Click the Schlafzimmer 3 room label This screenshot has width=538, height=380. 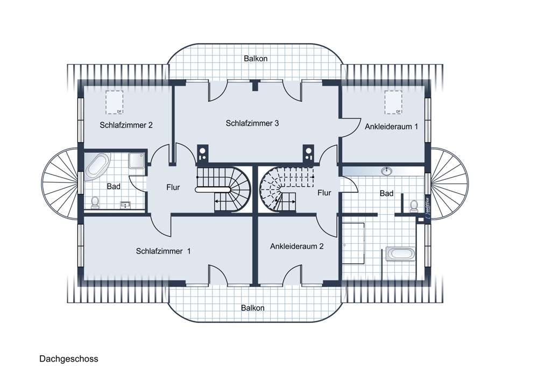[252, 123]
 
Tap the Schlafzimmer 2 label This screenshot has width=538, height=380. [126, 125]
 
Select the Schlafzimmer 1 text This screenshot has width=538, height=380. [164, 251]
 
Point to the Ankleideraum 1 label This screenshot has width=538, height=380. [392, 126]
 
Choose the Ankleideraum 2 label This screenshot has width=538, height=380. [297, 247]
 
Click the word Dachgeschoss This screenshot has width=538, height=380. [69, 359]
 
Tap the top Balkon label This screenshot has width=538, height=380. [256, 59]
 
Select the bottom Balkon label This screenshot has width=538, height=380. [253, 308]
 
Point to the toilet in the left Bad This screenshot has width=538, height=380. [95, 202]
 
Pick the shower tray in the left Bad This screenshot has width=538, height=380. [137, 160]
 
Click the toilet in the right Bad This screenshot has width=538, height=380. [414, 206]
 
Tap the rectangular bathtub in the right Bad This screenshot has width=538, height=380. [401, 254]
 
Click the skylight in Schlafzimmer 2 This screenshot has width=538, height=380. [114, 102]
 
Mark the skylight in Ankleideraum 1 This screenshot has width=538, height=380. [393, 102]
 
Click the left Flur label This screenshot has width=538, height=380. [173, 187]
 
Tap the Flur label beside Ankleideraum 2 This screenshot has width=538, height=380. [324, 193]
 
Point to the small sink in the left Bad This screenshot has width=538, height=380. [125, 205]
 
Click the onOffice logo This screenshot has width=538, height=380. [427, 208]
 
